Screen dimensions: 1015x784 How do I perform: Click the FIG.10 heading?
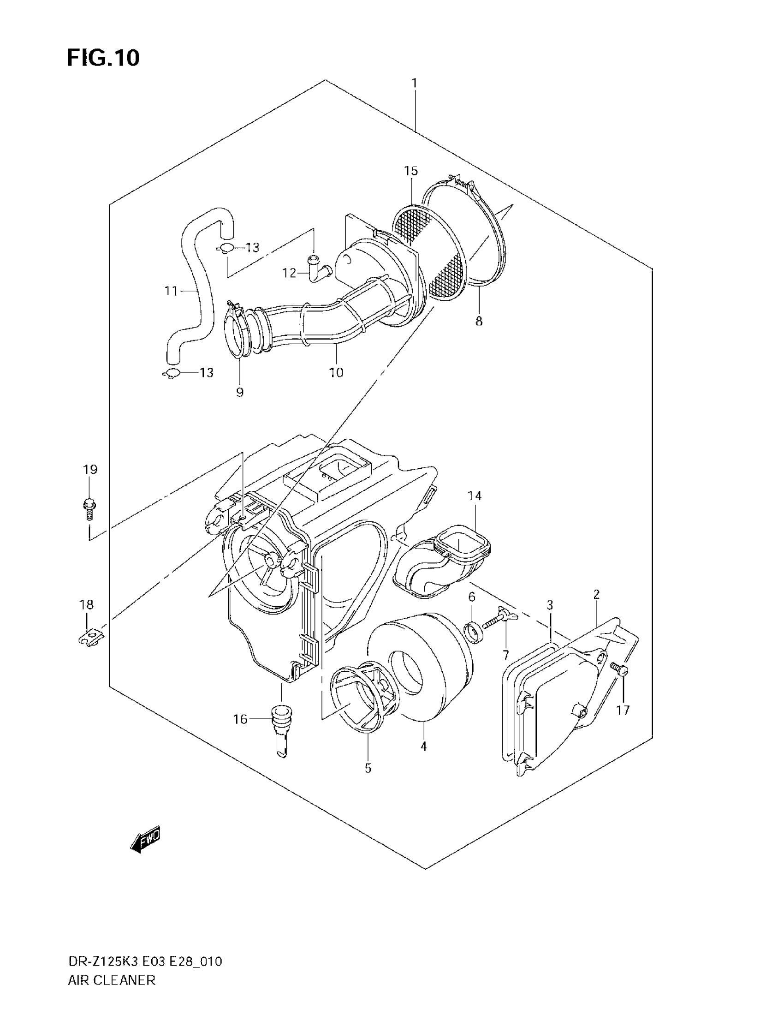pos(103,58)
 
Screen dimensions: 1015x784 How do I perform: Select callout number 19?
pos(90,469)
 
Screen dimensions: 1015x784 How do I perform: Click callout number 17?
pos(623,710)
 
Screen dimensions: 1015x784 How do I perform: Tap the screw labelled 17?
pos(620,670)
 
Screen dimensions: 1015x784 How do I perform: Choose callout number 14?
pos(474,496)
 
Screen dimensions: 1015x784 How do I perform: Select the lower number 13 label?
pos(206,372)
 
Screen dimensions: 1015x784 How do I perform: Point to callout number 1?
pos(414,84)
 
